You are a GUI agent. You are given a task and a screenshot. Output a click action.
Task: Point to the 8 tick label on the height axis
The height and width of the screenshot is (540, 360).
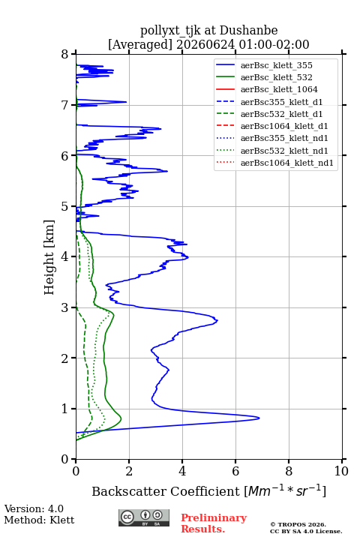(65, 54)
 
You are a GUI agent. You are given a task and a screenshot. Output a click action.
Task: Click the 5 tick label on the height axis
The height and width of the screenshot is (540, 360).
(65, 206)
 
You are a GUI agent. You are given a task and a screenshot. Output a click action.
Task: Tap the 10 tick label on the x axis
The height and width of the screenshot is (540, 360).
(341, 471)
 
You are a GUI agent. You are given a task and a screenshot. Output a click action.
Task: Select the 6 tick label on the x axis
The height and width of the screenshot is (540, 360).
(235, 471)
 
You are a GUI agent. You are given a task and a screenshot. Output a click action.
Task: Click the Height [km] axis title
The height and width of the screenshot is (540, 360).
(49, 257)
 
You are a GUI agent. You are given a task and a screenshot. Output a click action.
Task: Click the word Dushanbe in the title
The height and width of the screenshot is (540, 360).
(248, 30)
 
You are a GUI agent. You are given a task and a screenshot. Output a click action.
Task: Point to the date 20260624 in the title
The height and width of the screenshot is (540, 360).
(205, 44)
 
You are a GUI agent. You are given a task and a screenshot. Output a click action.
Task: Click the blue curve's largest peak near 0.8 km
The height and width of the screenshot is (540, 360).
(259, 418)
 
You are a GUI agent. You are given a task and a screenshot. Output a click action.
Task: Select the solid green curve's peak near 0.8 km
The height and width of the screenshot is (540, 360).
(121, 418)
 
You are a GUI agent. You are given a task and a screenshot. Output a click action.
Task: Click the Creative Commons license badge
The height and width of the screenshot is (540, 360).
(144, 517)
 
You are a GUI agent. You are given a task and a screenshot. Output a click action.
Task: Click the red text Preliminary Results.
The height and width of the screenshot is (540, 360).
(214, 523)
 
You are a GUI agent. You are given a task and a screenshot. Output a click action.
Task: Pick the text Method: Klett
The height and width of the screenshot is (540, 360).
(39, 520)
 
